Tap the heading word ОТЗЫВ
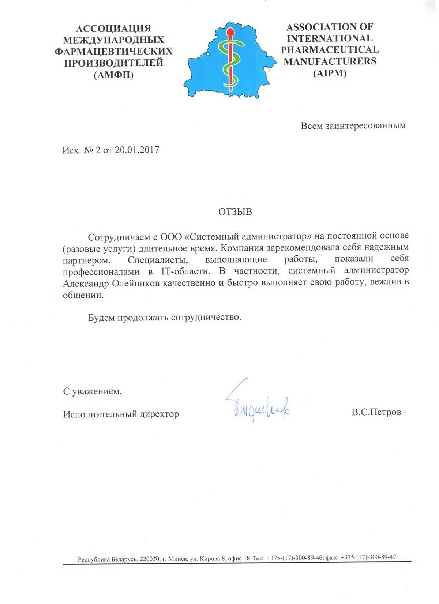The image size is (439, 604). pyautogui.click(x=235, y=212)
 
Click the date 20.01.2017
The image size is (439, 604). pyautogui.click(x=137, y=150)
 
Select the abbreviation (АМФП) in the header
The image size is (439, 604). pyautogui.click(x=113, y=75)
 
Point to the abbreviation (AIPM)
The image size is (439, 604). pyautogui.click(x=330, y=73)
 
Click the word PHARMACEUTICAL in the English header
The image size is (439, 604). pyautogui.click(x=330, y=50)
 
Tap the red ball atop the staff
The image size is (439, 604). pyautogui.click(x=230, y=32)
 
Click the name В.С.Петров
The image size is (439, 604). pyautogui.click(x=376, y=412)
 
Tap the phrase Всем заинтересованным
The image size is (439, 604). pyautogui.click(x=353, y=126)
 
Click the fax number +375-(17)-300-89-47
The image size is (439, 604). pyautogui.click(x=368, y=557)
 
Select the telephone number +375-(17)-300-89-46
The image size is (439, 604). pyautogui.click(x=294, y=558)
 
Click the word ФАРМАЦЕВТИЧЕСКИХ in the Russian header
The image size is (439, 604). pyautogui.click(x=113, y=52)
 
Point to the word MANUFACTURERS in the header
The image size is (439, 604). pyautogui.click(x=330, y=61)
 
